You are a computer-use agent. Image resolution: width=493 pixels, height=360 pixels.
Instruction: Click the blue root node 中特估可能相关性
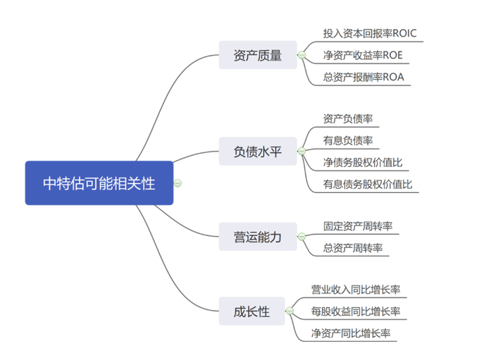coord(99,183)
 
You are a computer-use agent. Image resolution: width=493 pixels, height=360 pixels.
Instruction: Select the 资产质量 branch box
coord(258,55)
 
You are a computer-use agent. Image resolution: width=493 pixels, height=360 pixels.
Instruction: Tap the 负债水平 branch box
coord(258,151)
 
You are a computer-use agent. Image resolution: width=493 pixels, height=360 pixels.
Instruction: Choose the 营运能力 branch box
coord(258,237)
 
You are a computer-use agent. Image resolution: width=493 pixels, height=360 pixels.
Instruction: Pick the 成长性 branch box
coord(252,311)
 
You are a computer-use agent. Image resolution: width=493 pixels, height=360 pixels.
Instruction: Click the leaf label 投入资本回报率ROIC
coord(370,33)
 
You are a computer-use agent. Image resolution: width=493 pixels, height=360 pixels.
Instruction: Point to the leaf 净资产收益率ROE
coord(363,56)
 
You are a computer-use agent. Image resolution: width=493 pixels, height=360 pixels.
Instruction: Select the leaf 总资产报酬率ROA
coord(363,77)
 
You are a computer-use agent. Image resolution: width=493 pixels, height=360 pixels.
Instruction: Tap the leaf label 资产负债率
coord(348,119)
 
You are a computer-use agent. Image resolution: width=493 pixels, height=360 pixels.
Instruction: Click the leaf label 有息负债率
coord(348,140)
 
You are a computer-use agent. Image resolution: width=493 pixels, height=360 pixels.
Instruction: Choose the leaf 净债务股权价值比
coord(363,163)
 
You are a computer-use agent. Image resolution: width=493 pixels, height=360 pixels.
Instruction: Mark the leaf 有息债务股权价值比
coord(368,185)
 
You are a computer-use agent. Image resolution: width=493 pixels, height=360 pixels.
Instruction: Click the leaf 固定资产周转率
coord(358,226)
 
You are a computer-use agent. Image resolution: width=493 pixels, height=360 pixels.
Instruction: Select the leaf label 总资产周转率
coord(353,248)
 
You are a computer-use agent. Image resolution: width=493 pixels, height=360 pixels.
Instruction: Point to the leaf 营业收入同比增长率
coord(356,290)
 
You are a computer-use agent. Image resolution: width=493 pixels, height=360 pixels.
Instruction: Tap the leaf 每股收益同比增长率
coord(356,311)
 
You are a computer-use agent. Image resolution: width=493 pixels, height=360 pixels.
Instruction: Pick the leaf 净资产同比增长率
coord(351,333)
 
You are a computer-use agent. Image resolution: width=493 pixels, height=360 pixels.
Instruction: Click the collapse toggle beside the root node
coord(177,183)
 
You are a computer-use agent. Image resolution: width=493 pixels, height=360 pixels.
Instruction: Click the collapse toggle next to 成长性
coord(289,311)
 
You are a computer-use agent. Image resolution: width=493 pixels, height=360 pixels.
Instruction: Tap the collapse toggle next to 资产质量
coord(301,55)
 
